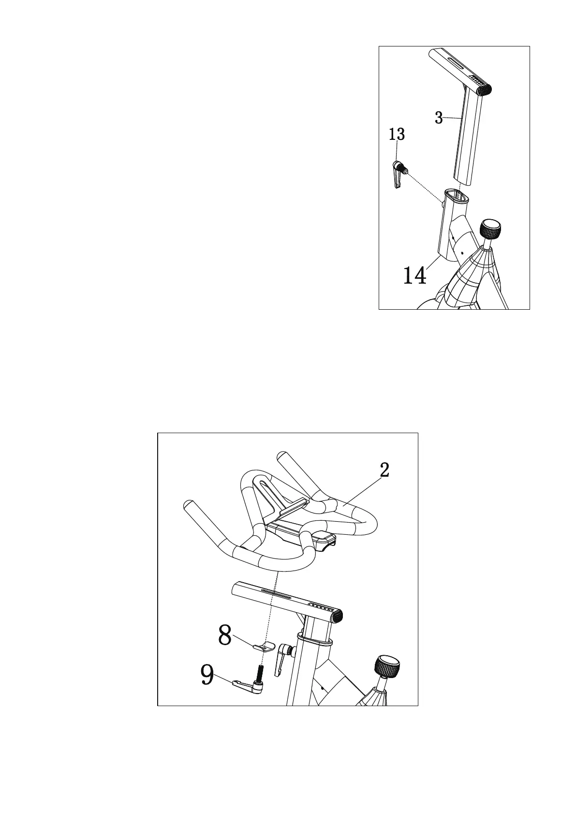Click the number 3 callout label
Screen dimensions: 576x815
pyautogui.click(x=439, y=118)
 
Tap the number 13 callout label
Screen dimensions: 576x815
pyautogui.click(x=397, y=134)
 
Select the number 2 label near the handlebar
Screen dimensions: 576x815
pyautogui.click(x=384, y=470)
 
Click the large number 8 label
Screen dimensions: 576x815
pyautogui.click(x=224, y=635)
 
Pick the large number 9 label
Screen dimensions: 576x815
pyautogui.click(x=207, y=675)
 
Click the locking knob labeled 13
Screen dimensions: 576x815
pyautogui.click(x=399, y=170)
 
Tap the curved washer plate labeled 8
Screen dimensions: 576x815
pyautogui.click(x=264, y=646)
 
